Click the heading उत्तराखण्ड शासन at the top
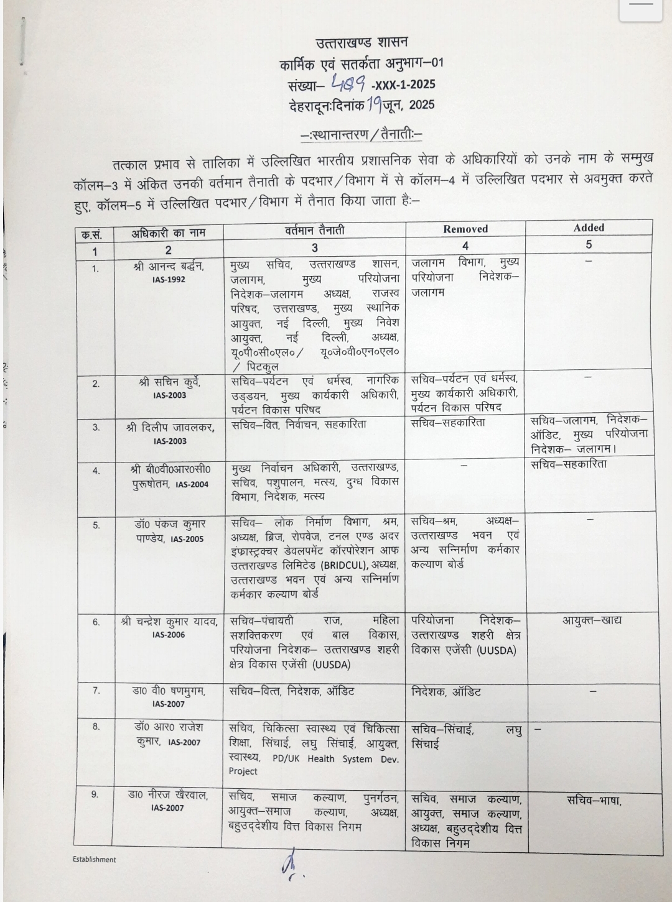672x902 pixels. [x=361, y=43]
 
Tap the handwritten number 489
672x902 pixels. [x=349, y=82]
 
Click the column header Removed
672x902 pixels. [x=465, y=229]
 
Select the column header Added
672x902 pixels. [x=588, y=228]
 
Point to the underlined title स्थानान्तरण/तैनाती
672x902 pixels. [x=361, y=134]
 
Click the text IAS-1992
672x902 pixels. [x=168, y=280]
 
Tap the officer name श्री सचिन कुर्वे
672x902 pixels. [x=169, y=382]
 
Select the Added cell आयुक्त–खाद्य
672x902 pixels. [x=592, y=620]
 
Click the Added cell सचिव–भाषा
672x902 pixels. [x=594, y=801]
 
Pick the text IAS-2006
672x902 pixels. [x=168, y=635]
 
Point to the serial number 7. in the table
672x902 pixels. [x=96, y=690]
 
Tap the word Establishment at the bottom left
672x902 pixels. [x=94, y=860]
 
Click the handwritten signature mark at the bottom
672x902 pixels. [x=289, y=868]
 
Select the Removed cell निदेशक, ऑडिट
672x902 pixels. [x=446, y=691]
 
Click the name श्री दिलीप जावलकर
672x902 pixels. [x=169, y=427]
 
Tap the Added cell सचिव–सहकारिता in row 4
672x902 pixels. [x=569, y=464]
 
